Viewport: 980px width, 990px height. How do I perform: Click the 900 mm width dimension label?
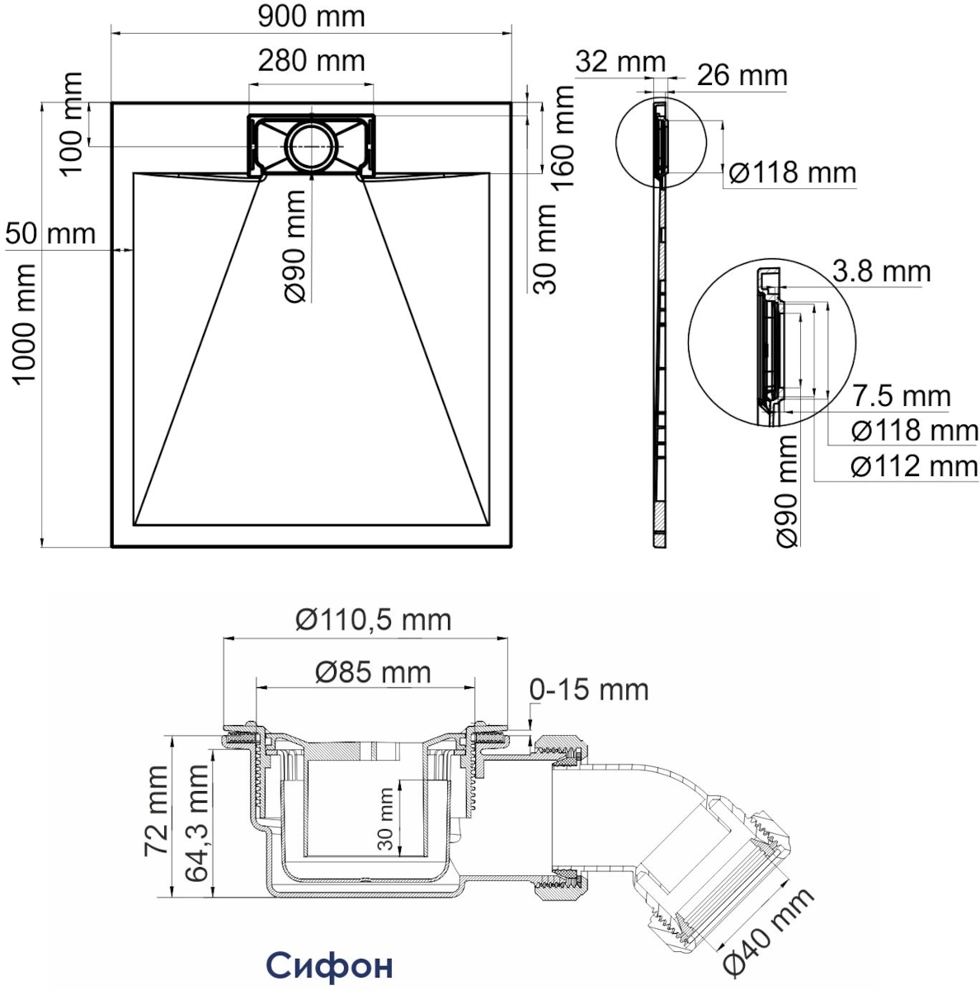(x=311, y=17)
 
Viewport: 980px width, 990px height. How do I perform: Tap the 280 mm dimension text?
(x=311, y=61)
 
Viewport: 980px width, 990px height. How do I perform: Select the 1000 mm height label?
(x=24, y=323)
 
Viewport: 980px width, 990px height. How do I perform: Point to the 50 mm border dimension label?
(x=50, y=233)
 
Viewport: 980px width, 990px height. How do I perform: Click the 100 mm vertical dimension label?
(x=71, y=124)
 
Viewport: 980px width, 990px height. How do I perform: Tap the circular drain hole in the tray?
(x=312, y=146)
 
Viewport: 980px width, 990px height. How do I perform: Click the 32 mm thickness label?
(x=620, y=62)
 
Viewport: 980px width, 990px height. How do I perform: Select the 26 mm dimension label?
(x=742, y=76)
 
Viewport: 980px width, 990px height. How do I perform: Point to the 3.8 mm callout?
(x=881, y=271)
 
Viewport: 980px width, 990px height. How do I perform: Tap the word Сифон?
(x=330, y=964)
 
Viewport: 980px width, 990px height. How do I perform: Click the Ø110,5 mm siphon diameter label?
(x=374, y=620)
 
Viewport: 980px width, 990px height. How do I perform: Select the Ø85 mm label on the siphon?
(x=373, y=672)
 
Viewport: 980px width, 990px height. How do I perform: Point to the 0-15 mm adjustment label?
(x=589, y=690)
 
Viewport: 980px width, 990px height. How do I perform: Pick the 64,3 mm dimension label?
(x=197, y=823)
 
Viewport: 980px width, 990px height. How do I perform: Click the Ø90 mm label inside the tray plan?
(x=294, y=246)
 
